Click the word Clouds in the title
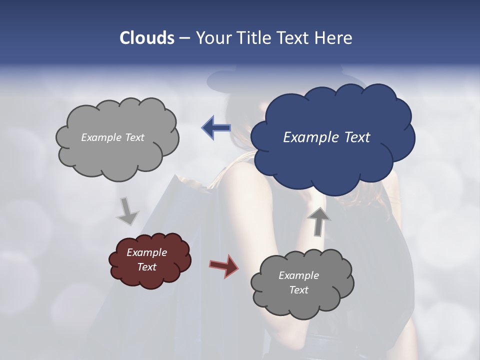pyautogui.click(x=146, y=38)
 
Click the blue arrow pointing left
pyautogui.click(x=216, y=128)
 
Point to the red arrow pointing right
pyautogui.click(x=223, y=266)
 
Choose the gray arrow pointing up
pyautogui.click(x=318, y=221)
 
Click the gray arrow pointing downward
pyautogui.click(x=127, y=211)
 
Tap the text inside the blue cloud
pyautogui.click(x=326, y=137)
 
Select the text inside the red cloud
pyautogui.click(x=146, y=259)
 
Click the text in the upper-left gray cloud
pyautogui.click(x=112, y=137)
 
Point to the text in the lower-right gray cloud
pyautogui.click(x=298, y=282)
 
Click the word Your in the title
pyautogui.click(x=213, y=38)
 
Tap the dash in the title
pyautogui.click(x=184, y=38)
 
